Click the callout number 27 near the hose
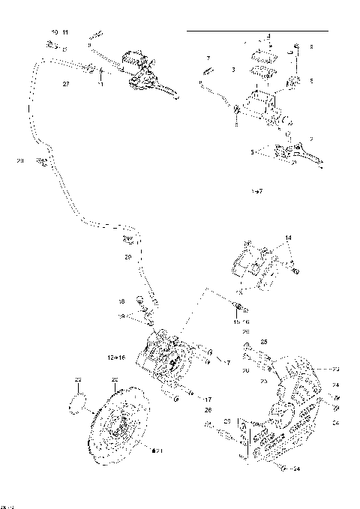[66, 85]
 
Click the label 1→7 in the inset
[256, 193]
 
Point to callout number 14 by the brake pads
[287, 238]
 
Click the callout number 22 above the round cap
[77, 380]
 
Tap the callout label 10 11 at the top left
[59, 33]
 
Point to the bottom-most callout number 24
[297, 470]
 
